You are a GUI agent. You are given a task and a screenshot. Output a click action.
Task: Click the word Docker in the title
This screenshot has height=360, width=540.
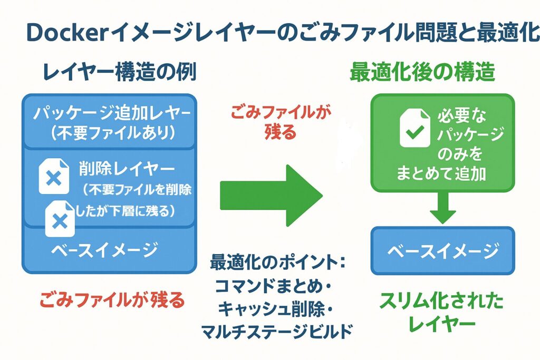[62, 33]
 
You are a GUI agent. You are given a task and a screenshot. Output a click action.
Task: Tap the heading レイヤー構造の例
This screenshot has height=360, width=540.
[114, 72]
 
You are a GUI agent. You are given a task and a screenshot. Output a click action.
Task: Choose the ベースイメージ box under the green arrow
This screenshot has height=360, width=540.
[442, 250]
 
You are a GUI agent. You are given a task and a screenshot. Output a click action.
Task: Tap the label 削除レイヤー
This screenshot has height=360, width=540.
[127, 168]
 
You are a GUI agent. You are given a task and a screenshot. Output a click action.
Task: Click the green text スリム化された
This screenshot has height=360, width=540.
[441, 302]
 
